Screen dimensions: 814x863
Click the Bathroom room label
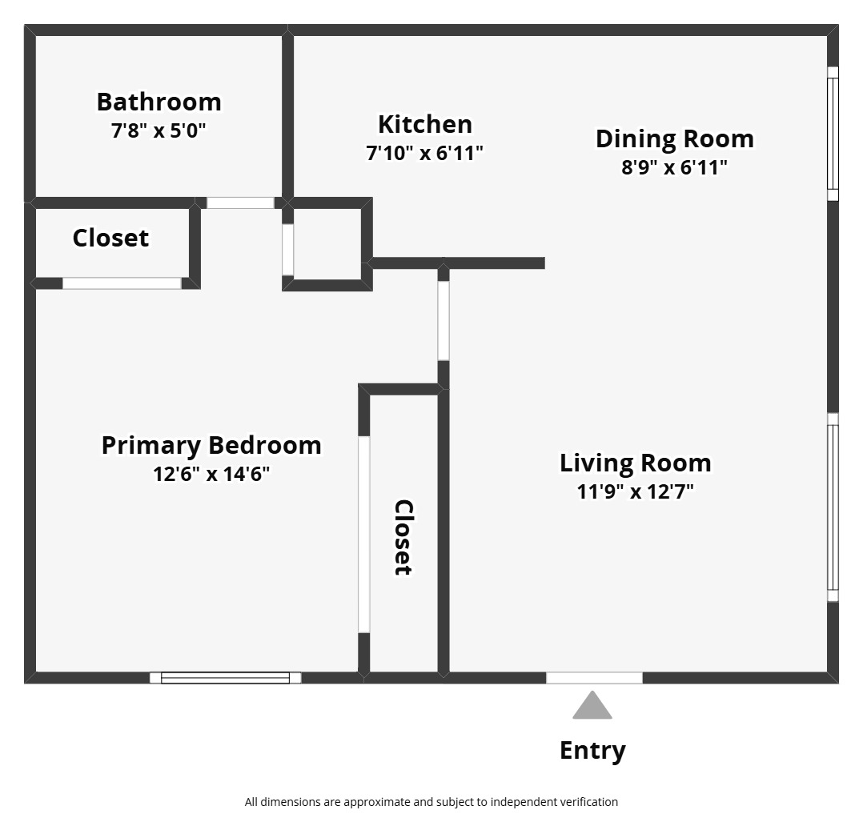pos(159,102)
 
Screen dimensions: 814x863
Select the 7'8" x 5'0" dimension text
pos(159,130)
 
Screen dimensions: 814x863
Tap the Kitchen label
pos(424,124)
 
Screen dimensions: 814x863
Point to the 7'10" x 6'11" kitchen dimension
pos(424,153)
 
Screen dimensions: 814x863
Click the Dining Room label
pos(674,138)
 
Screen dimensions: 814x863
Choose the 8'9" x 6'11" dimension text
pos(674,167)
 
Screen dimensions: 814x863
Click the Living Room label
pos(635,463)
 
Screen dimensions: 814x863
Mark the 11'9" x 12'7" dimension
pos(635,491)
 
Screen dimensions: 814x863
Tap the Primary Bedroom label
pos(211,445)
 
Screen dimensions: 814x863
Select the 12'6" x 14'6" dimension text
pos(211,474)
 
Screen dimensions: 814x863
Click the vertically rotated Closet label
pos(403,537)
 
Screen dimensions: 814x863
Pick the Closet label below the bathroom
pos(110,238)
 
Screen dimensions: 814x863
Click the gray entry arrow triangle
pos(592,706)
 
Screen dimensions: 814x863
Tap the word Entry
pos(592,751)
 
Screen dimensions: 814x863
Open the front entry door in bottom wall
pos(594,678)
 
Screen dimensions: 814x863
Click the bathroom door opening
pos(240,203)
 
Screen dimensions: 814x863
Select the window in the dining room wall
pos(833,134)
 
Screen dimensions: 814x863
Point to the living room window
pos(833,507)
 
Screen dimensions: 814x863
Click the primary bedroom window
pos(225,678)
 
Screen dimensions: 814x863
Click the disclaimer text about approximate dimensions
pos(431,801)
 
